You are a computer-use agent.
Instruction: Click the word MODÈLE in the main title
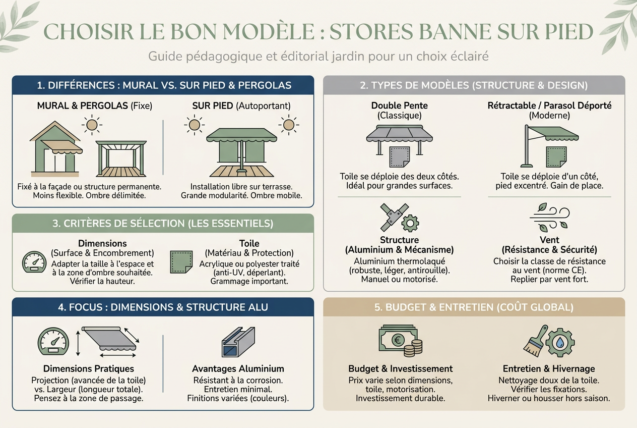[269, 31]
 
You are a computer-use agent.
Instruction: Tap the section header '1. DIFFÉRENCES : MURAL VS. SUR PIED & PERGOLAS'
[164, 85]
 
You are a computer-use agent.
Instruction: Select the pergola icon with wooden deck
[121, 158]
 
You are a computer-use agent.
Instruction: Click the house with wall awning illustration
[56, 149]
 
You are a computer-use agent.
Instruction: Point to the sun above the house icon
[92, 125]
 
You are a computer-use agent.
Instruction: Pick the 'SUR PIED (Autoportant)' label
[241, 105]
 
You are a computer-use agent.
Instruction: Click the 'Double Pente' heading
[399, 105]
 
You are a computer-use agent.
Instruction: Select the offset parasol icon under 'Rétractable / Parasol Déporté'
[549, 146]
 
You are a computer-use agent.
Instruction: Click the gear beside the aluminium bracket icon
[410, 223]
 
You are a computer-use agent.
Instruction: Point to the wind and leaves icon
[549, 217]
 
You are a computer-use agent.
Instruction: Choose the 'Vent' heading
[549, 240]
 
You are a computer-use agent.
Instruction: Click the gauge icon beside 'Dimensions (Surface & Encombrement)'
[34, 262]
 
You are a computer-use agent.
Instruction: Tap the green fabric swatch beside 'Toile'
[181, 262]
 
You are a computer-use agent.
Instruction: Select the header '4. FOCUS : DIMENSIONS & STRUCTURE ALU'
[163, 307]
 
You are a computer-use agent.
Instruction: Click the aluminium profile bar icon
[238, 342]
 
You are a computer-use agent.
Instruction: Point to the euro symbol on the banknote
[398, 340]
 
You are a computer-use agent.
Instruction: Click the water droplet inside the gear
[560, 343]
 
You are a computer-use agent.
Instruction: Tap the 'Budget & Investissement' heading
[401, 368]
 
